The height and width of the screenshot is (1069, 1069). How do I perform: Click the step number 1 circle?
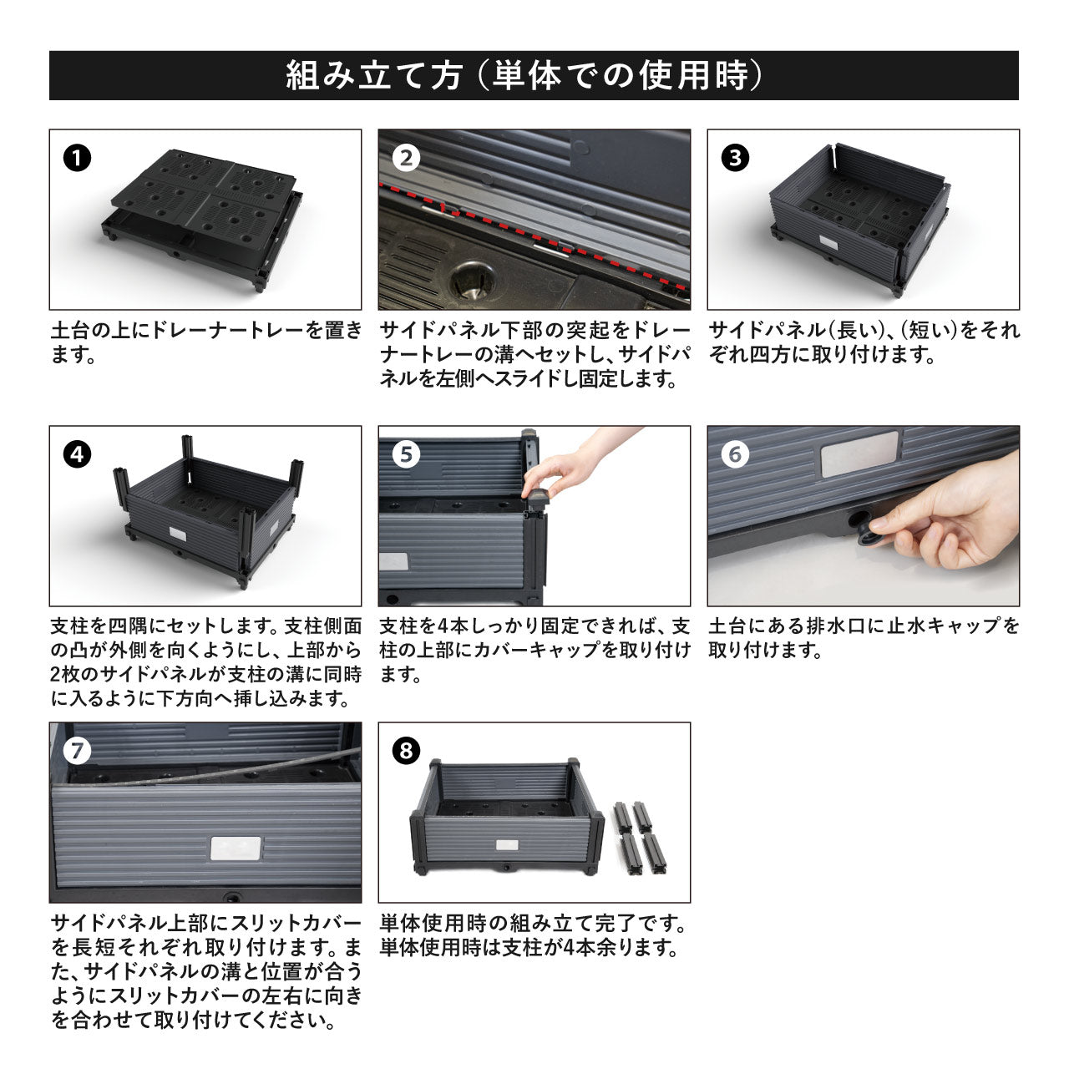click(x=77, y=159)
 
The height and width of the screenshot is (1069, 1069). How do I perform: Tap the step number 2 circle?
click(x=406, y=159)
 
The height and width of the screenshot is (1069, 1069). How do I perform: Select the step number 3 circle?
click(x=735, y=159)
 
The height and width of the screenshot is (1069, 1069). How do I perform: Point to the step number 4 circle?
click(x=77, y=455)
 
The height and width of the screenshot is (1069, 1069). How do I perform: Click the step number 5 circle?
click(x=406, y=455)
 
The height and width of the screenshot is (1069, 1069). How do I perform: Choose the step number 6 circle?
click(x=735, y=455)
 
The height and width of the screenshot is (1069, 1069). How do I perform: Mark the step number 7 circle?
click(x=77, y=751)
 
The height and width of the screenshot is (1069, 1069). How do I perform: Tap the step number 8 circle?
click(x=406, y=751)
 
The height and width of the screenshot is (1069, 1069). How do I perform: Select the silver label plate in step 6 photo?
click(x=859, y=453)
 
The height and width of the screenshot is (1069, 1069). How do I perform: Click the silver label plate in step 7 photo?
click(x=236, y=849)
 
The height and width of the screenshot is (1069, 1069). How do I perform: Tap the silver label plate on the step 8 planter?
click(x=507, y=845)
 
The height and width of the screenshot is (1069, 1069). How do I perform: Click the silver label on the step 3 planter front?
click(x=829, y=242)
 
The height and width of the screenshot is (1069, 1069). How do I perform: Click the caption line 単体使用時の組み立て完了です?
click(x=533, y=924)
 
